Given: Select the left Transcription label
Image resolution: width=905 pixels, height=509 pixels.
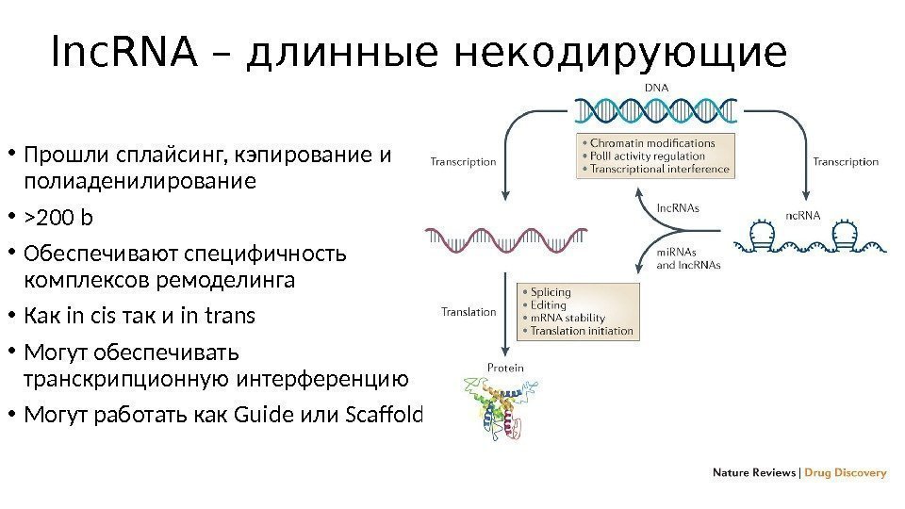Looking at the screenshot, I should click(463, 161).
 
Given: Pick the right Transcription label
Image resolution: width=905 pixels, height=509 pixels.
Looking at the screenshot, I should click(846, 161).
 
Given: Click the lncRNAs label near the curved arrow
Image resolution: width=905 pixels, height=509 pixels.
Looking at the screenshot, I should click(677, 207).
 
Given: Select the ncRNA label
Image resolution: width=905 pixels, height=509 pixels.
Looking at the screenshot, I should click(802, 215).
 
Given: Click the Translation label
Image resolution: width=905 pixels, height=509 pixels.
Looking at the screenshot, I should click(469, 312).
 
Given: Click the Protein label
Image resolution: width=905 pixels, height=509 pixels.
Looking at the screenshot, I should click(505, 368).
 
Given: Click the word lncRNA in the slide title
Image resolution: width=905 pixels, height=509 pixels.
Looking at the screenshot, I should click(123, 55).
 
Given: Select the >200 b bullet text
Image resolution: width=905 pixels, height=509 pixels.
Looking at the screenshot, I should click(59, 219).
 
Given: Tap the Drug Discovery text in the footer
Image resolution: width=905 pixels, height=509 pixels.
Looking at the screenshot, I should click(846, 473).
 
